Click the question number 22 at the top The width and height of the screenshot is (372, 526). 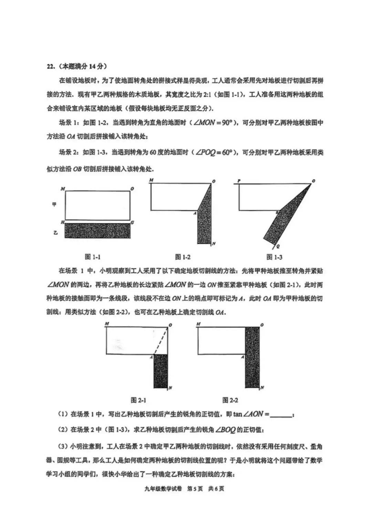(50, 66)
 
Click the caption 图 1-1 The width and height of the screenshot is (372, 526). (92, 257)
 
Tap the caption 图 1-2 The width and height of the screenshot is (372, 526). (183, 257)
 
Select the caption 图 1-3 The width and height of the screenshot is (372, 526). (274, 257)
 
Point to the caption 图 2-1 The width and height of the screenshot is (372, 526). (138, 400)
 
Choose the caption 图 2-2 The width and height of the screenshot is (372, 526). (230, 400)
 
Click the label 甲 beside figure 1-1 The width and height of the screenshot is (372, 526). (54, 204)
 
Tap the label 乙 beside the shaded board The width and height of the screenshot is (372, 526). (55, 233)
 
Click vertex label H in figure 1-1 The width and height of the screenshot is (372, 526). (62, 222)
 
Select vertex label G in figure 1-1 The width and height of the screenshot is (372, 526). (133, 223)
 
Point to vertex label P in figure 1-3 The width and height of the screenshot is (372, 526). (239, 181)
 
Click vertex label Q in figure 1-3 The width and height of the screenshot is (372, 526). (278, 246)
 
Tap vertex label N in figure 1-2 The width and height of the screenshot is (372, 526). (214, 244)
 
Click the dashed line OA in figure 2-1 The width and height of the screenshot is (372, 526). (161, 341)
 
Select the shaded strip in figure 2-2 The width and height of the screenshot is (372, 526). (252, 357)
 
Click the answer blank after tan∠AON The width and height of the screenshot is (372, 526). (281, 414)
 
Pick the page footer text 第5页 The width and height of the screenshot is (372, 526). (195, 488)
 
